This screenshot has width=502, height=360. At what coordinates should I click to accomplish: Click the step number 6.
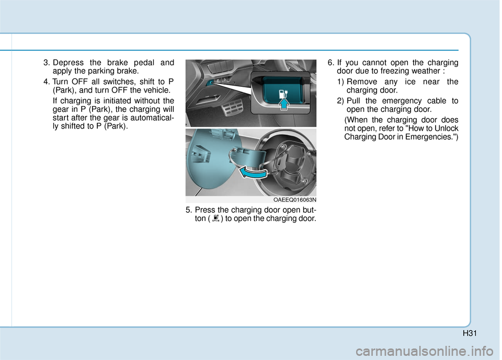pos(330,63)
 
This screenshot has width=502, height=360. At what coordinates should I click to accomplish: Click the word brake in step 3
pos(120,63)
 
